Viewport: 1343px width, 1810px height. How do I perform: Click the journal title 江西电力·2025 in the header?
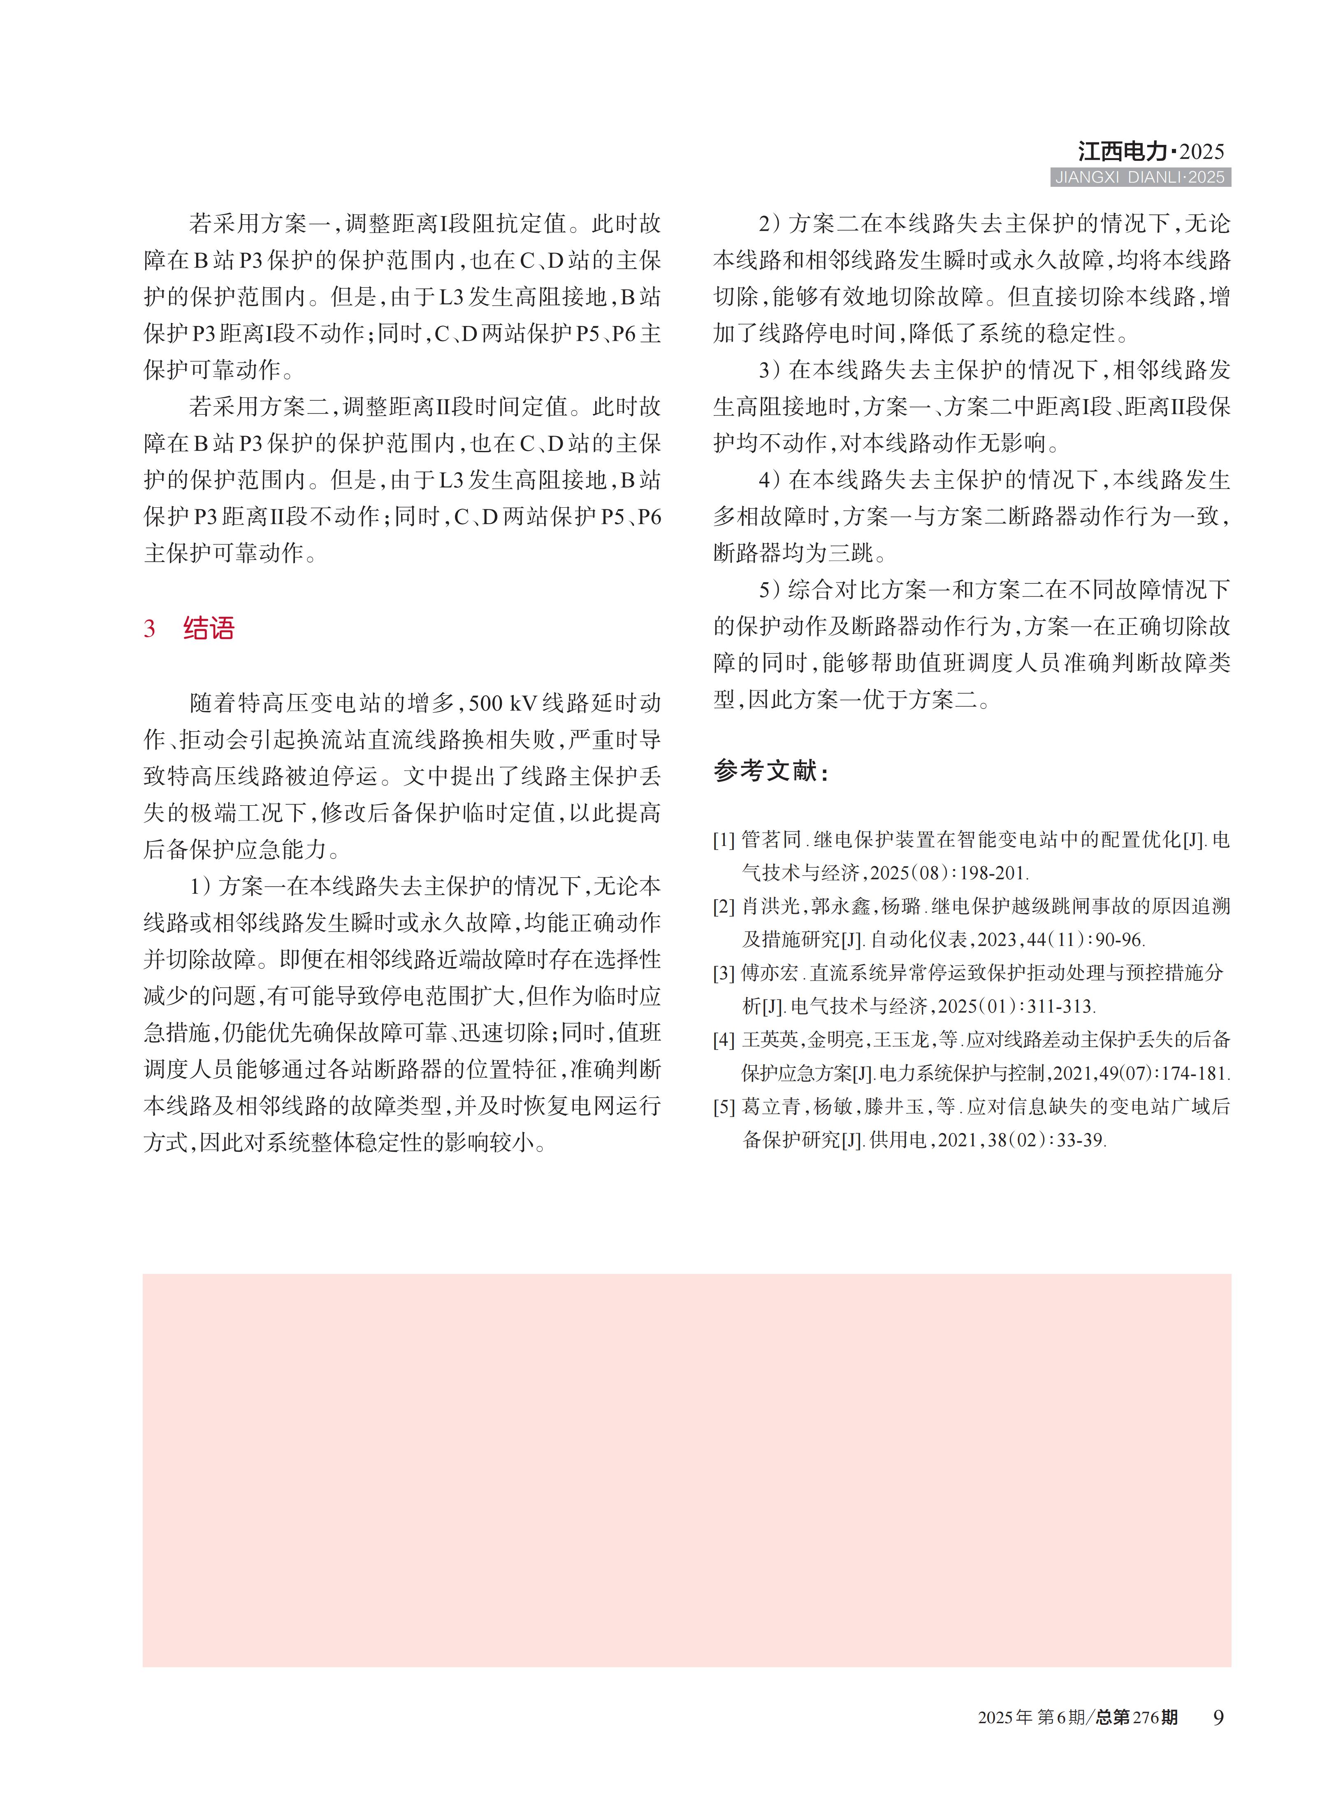pos(1150,151)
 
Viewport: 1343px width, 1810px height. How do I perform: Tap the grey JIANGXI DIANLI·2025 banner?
pos(1140,177)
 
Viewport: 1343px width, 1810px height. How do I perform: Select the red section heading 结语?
pos(209,629)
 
